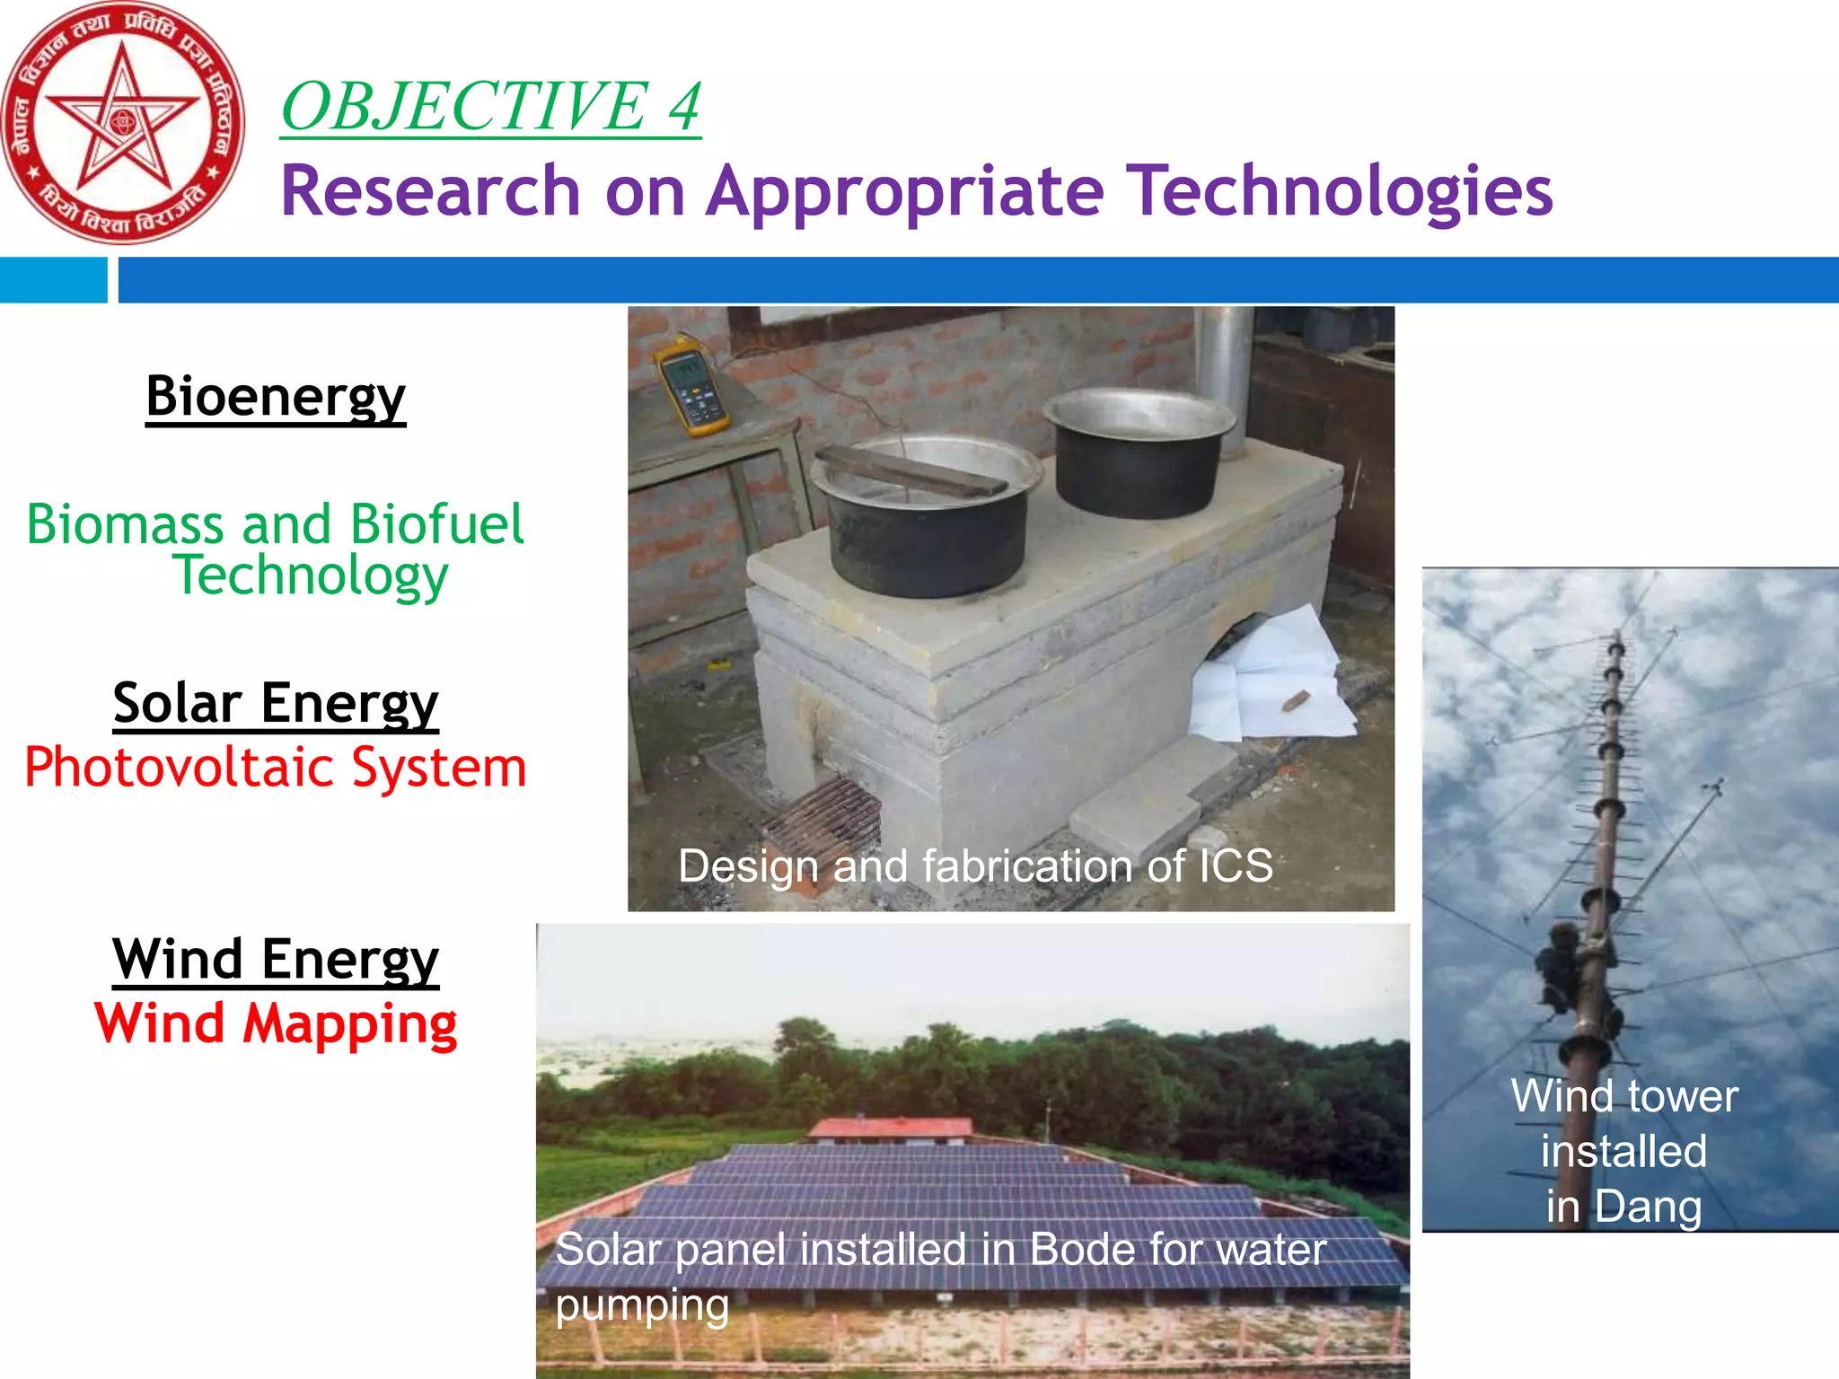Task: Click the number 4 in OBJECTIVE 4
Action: [684, 106]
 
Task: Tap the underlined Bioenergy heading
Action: [276, 396]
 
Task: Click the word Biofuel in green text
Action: [436, 524]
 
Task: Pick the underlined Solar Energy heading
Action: [276, 703]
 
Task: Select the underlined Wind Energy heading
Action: [276, 959]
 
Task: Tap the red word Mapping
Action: [349, 1023]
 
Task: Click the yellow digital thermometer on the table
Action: [690, 387]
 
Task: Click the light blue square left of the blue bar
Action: [53, 280]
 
